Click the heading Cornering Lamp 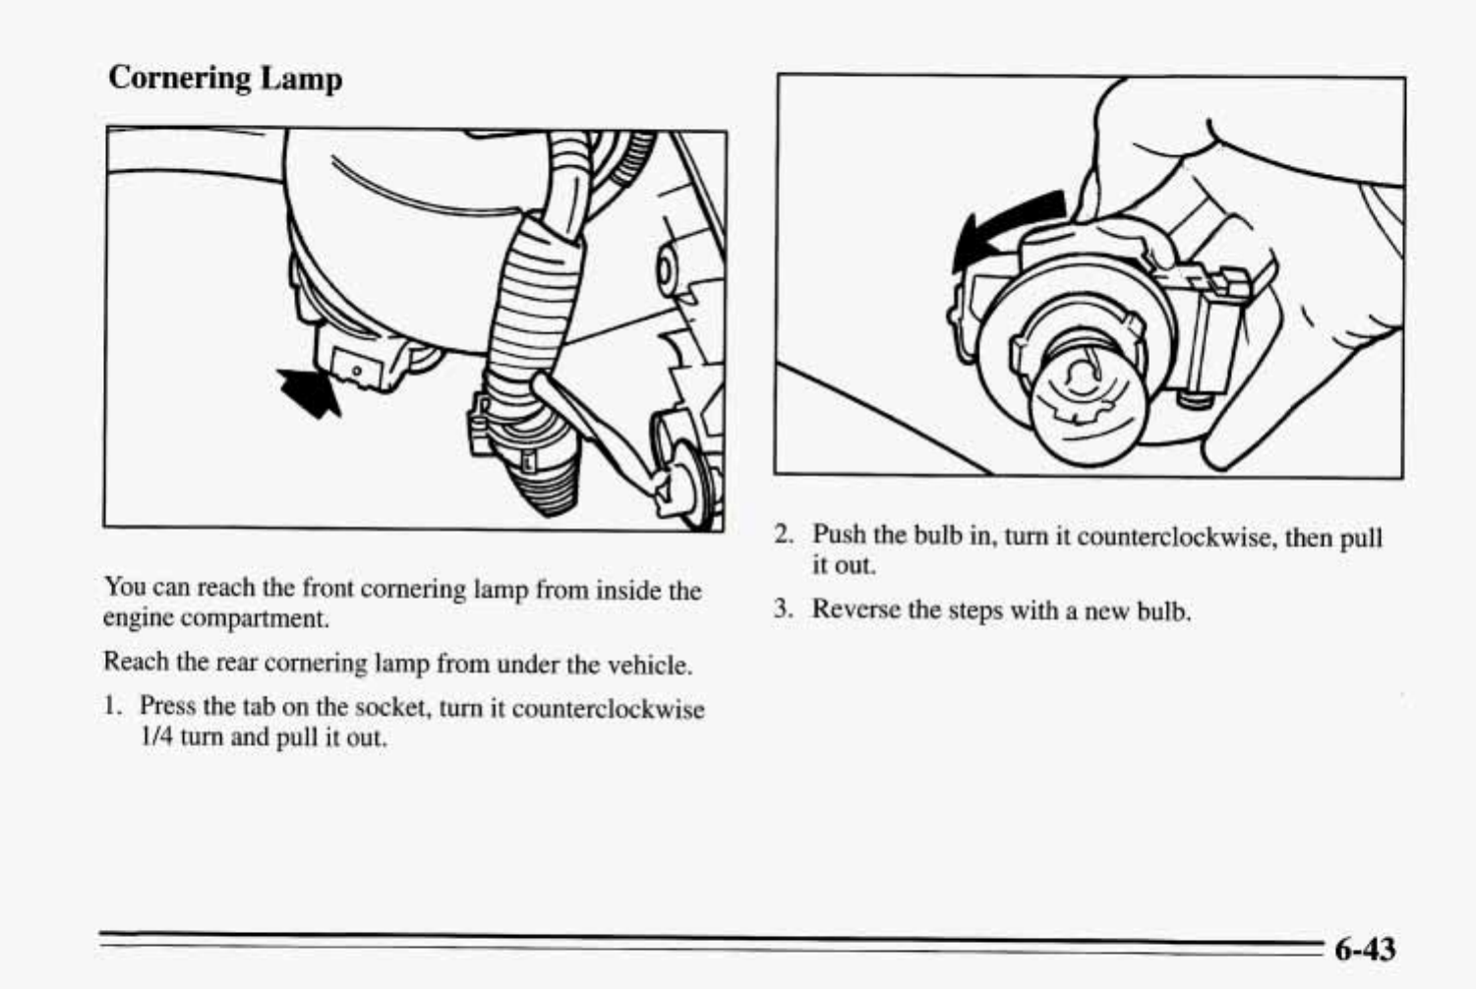(225, 78)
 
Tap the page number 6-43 (1365, 949)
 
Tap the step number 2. (783, 534)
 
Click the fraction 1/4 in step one (157, 737)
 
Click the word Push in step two (839, 535)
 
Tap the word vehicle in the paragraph (648, 666)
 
